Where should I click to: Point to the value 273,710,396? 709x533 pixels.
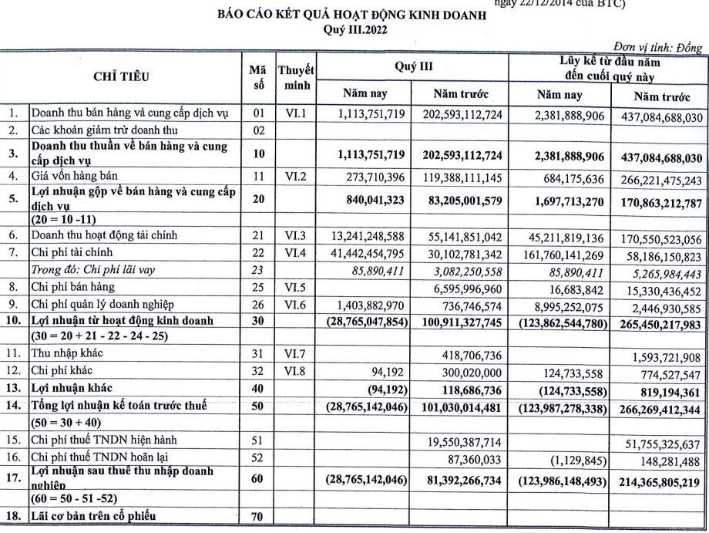367,177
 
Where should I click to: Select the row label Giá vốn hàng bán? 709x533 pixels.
69,177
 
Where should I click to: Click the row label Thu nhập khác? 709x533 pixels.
67,353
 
